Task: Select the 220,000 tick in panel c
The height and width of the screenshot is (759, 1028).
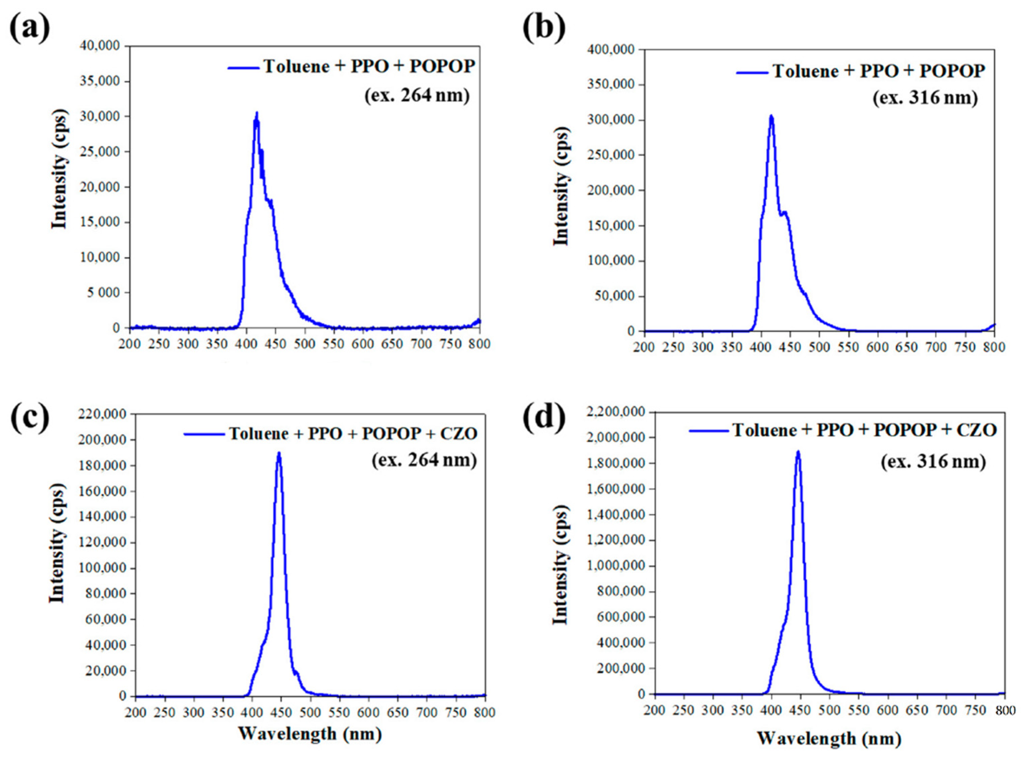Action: click(105, 414)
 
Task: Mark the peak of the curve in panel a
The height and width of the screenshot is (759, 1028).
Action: click(257, 113)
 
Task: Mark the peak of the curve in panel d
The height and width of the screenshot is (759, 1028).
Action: click(798, 452)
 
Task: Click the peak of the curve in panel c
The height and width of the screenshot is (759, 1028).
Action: click(278, 453)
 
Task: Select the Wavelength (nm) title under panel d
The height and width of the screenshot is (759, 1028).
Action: click(829, 738)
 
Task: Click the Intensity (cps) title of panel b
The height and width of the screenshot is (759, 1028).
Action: click(561, 186)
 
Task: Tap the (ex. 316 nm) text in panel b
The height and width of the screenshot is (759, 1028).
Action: click(925, 98)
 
